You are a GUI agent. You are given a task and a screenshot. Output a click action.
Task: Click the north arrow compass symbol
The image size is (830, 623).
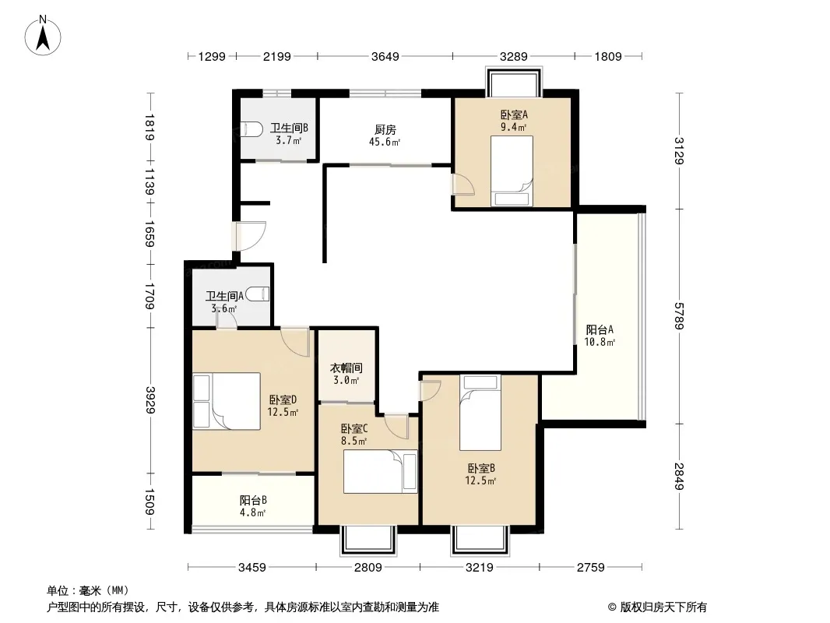(x=43, y=36)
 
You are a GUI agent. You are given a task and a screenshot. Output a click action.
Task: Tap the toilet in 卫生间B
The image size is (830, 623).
(x=252, y=129)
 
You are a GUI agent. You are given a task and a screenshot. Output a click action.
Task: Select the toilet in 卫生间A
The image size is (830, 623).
(x=258, y=294)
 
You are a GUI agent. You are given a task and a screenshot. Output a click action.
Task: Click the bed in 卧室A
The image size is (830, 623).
(x=512, y=171)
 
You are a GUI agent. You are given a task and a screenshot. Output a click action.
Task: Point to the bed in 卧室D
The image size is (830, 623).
(x=227, y=401)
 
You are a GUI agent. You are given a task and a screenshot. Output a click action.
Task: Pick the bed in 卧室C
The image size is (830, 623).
(x=380, y=472)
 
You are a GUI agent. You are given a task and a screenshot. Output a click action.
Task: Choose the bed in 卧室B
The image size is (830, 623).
(x=480, y=413)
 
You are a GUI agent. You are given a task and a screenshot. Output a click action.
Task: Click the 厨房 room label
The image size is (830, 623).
(x=385, y=130)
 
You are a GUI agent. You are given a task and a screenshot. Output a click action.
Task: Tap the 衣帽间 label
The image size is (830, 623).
(x=346, y=368)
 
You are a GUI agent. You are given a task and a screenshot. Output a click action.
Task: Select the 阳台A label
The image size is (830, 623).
(x=600, y=329)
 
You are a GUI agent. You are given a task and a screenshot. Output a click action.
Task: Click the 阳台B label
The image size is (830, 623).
(x=253, y=500)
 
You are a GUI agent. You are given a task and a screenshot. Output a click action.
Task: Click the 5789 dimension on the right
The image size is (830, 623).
(x=679, y=316)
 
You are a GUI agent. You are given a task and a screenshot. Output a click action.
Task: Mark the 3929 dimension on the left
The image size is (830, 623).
(x=150, y=400)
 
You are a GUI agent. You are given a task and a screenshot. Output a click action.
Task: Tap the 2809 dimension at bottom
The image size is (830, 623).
(x=368, y=568)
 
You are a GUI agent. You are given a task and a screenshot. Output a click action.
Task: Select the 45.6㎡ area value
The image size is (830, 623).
(x=385, y=142)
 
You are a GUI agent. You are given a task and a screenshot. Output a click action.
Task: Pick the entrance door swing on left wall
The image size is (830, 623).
(x=249, y=236)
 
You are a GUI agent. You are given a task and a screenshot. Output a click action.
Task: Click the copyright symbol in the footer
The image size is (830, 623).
(x=612, y=607)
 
